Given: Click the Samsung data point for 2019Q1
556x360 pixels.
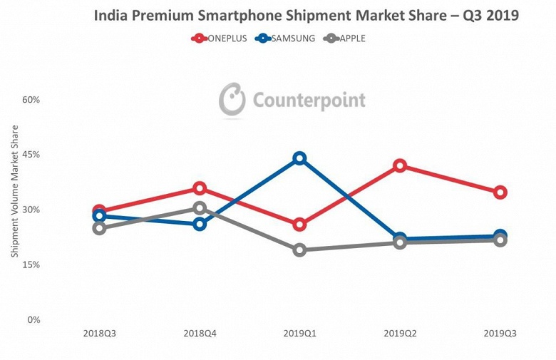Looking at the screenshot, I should [x=299, y=158].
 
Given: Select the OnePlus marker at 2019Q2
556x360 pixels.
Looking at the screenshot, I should [x=400, y=165].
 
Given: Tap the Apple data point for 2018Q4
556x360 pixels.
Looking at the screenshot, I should [x=200, y=208].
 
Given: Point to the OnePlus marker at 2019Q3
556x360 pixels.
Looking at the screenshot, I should [x=500, y=192].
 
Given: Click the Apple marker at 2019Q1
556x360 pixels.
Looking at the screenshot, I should [x=299, y=250].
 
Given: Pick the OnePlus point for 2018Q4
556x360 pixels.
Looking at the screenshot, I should [x=200, y=188].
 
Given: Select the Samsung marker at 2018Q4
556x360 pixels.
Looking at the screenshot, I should [x=200, y=224].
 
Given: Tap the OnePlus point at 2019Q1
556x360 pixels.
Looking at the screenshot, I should [x=299, y=225].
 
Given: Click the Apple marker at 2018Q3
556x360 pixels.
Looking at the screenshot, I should [x=99, y=228].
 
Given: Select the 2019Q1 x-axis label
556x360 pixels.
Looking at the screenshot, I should [x=299, y=333].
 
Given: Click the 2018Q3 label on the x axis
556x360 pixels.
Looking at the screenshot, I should [x=99, y=333].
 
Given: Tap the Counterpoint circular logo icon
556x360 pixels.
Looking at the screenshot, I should [x=232, y=100].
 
